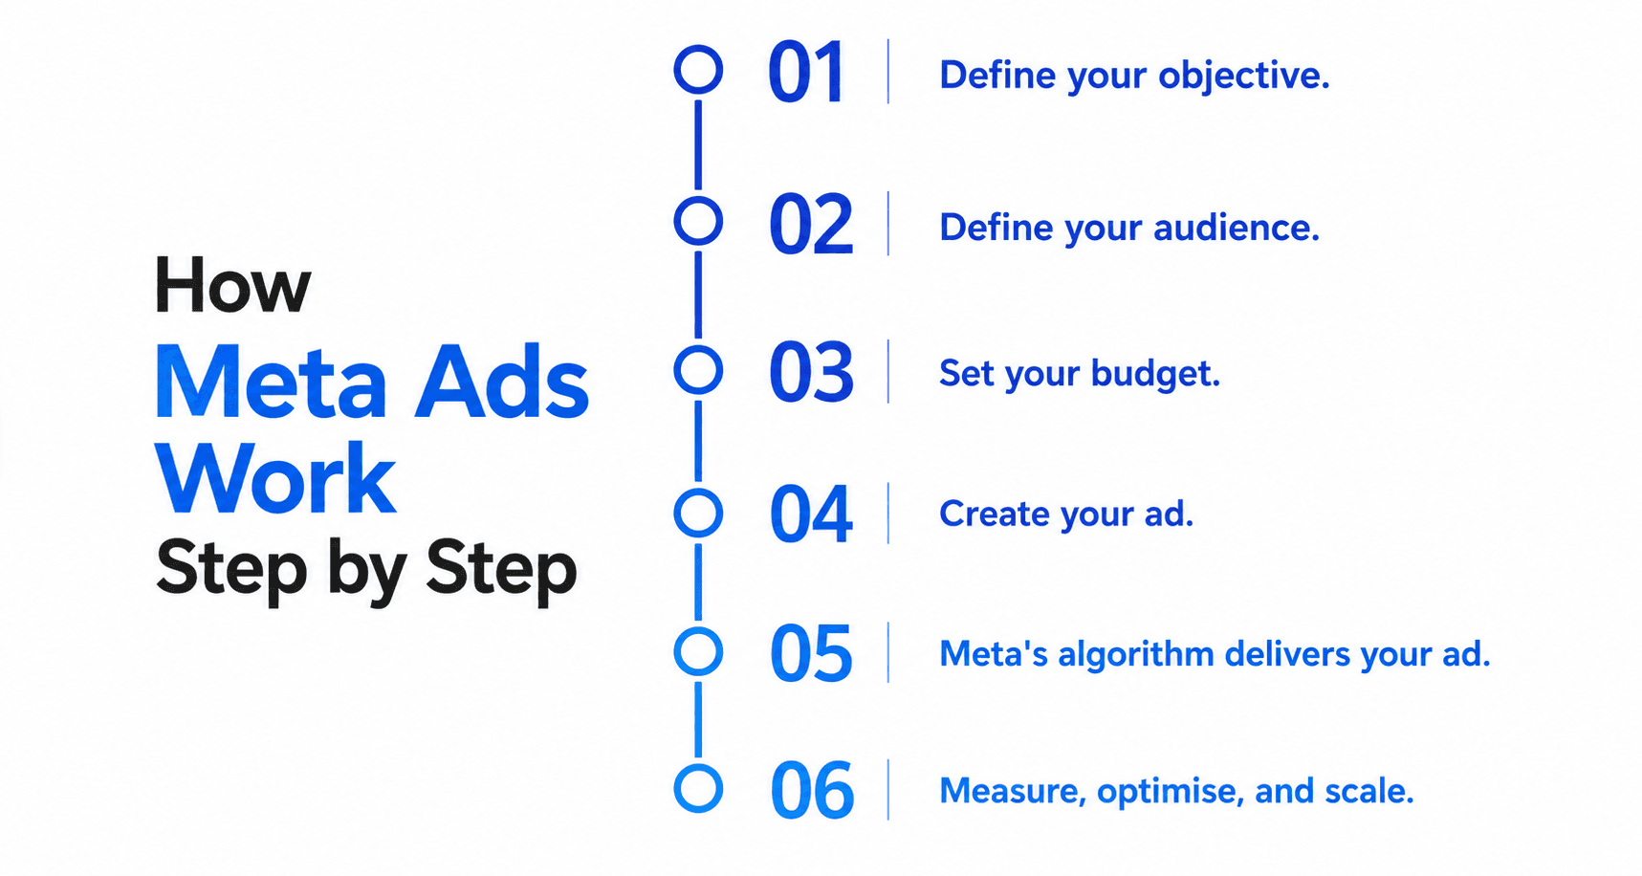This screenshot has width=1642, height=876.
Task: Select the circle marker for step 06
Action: [698, 766]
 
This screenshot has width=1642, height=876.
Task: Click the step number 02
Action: [811, 225]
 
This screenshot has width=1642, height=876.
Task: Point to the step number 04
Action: [811, 515]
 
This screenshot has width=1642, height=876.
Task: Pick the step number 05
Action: [811, 654]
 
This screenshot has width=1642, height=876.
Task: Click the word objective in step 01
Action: [1243, 77]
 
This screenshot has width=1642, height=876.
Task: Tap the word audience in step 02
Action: [1237, 228]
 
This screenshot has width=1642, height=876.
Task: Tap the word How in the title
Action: [232, 285]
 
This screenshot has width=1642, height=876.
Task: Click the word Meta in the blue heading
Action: [271, 383]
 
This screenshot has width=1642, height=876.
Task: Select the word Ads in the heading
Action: [502, 383]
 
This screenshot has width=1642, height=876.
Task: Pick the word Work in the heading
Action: [275, 478]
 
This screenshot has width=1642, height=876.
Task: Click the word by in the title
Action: [368, 572]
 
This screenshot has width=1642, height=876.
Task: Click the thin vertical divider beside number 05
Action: [888, 652]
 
